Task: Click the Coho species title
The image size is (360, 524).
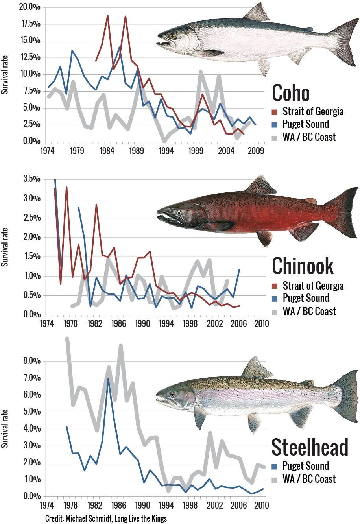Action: click(291, 93)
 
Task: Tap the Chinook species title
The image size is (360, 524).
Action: click(303, 266)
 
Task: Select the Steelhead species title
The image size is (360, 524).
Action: click(310, 447)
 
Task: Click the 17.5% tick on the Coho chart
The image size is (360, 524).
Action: click(31, 24)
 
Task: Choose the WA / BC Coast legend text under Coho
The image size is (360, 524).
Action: click(309, 137)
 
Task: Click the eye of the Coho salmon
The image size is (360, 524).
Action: click(172, 36)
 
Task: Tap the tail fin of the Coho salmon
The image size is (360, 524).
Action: click(346, 41)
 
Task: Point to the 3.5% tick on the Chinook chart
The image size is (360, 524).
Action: click(32, 179)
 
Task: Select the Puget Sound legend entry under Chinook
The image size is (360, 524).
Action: click(305, 298)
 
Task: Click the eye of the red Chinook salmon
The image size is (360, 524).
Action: click(179, 212)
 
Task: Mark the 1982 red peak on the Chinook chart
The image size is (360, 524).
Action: click(96, 205)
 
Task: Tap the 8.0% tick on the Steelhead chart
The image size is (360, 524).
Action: click(32, 361)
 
